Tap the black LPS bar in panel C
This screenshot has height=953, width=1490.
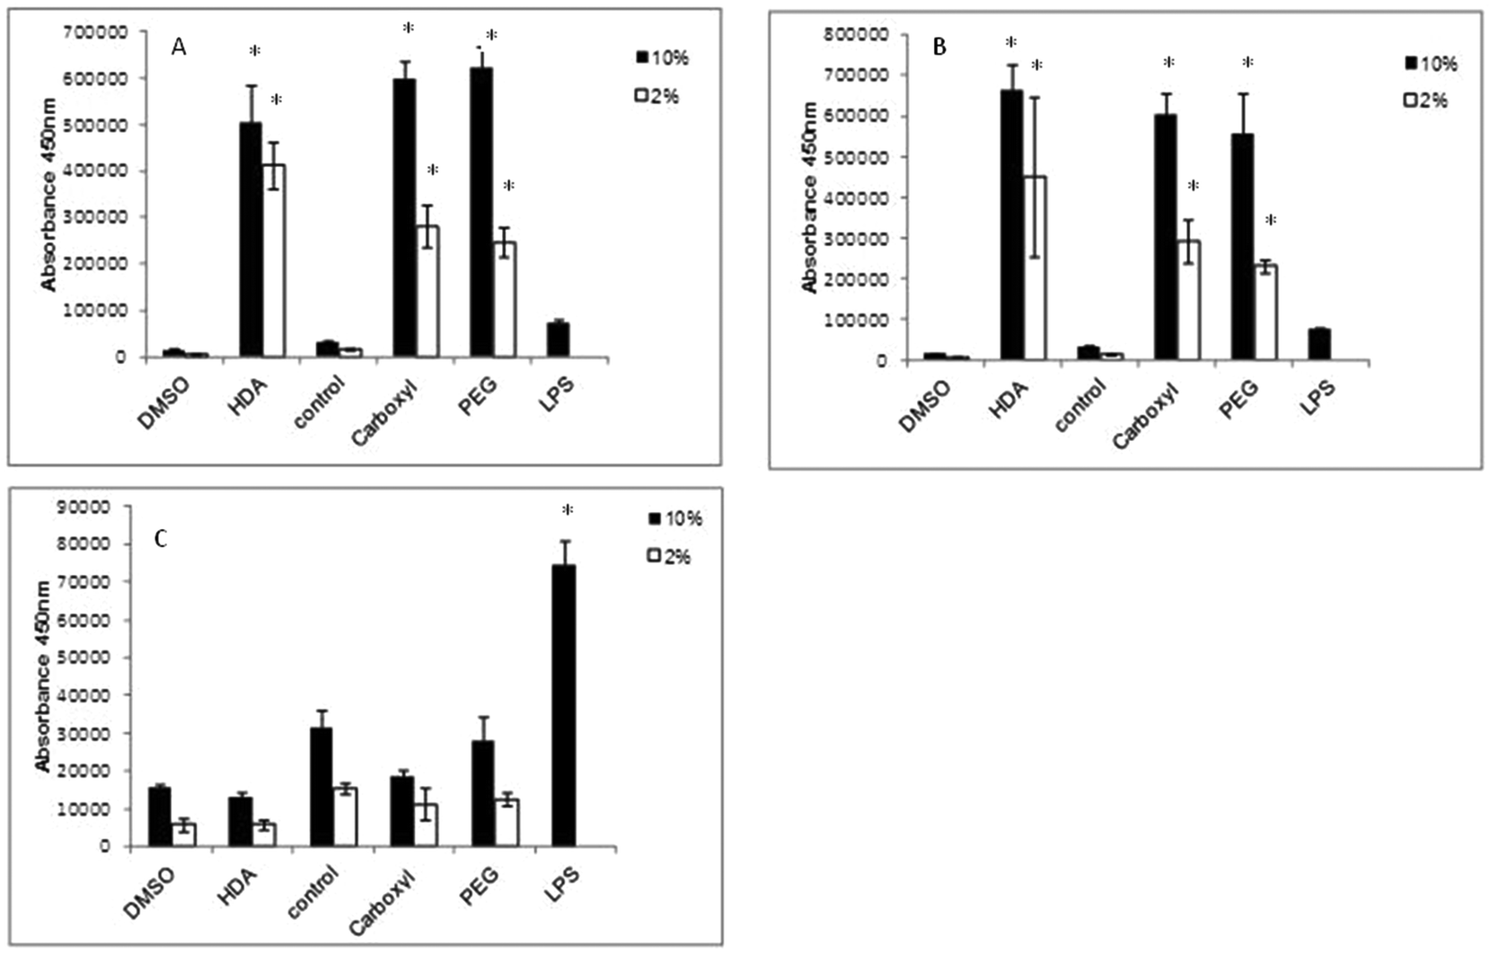[x=563, y=706]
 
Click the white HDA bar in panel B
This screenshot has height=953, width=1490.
[x=1035, y=269]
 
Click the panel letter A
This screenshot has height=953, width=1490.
[x=179, y=47]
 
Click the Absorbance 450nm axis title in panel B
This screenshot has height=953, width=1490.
[x=811, y=198]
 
